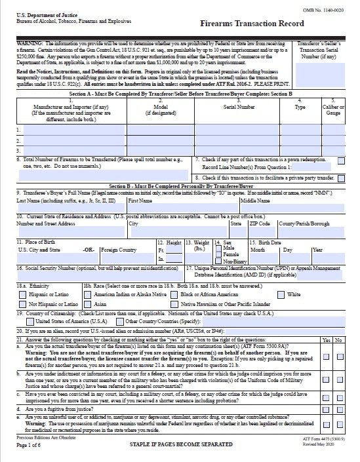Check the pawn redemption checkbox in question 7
coord(341,160)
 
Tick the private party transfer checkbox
coord(341,178)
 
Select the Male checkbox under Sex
coord(218,248)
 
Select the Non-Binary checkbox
coord(218,260)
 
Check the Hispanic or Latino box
coord(22,294)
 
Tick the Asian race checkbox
coord(88,304)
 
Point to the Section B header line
coord(179,186)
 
